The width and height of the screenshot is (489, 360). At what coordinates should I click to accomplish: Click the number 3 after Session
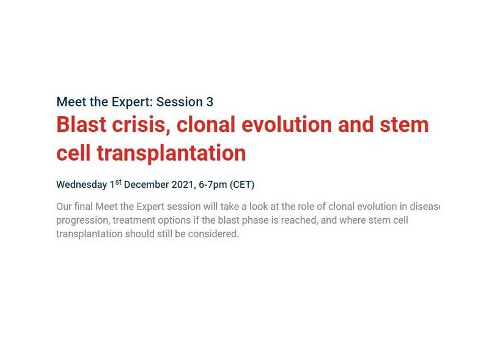click(210, 102)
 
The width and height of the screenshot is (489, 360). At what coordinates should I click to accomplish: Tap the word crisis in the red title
click(141, 124)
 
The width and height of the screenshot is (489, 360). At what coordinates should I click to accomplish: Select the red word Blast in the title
click(81, 124)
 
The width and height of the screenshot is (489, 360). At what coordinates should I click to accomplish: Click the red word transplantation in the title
click(171, 153)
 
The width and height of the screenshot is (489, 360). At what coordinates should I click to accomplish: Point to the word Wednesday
click(82, 185)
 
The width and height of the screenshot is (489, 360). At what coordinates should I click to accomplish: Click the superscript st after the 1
click(118, 182)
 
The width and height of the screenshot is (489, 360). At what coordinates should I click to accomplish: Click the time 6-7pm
click(213, 185)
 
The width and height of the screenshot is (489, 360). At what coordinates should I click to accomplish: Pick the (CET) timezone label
click(242, 185)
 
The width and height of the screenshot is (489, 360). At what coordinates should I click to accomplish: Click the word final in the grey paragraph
click(83, 207)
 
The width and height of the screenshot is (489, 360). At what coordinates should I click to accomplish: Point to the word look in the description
click(259, 207)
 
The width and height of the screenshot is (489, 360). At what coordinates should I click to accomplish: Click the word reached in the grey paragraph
click(299, 220)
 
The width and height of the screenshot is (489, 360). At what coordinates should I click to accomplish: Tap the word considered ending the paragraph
click(213, 234)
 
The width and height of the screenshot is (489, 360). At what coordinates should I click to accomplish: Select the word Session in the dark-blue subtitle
click(180, 102)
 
